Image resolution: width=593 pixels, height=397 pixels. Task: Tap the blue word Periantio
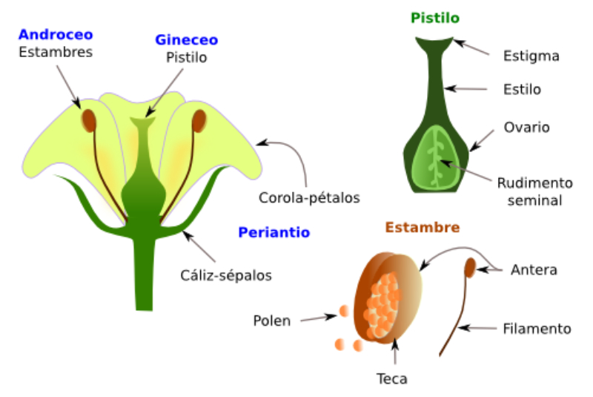pos(274,232)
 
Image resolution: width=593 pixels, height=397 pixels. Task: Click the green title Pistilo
pos(434,18)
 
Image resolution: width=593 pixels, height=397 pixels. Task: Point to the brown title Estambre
pos(422,227)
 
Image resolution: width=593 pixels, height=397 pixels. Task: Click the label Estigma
pos(531,56)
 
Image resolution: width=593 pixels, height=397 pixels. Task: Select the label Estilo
pos(522,90)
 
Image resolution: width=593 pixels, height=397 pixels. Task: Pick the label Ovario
pos(526,127)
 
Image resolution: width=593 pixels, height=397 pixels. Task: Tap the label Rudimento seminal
pos(535,191)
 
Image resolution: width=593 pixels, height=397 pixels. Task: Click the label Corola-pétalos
pos(309,198)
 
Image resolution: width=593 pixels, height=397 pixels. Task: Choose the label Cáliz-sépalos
pos(226,275)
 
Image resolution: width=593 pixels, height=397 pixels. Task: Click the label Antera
pos(534,270)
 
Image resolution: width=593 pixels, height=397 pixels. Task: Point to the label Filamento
pos(537,328)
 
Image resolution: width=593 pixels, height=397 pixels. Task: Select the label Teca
pos(392,378)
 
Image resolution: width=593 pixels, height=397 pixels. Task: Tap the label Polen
pos(271,321)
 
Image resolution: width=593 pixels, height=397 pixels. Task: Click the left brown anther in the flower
pos(88,119)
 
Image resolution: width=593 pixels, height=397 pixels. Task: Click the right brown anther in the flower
pos(199,119)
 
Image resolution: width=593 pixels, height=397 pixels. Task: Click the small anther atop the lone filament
pos(470,267)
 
